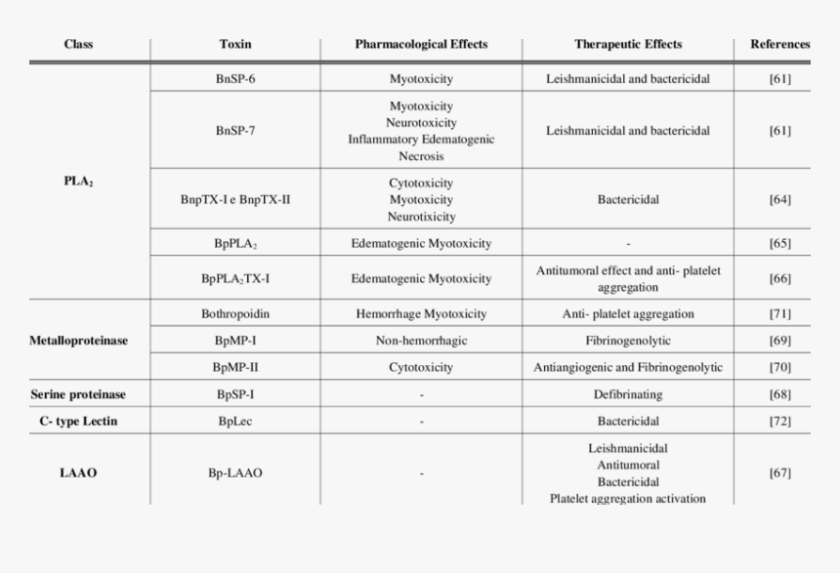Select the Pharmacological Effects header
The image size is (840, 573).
(x=421, y=45)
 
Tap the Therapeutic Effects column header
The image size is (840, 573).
(x=628, y=45)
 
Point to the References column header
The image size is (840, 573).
(x=779, y=45)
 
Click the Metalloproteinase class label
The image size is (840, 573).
(x=79, y=341)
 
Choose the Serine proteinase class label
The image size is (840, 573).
(x=78, y=394)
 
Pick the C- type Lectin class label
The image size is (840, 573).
(x=78, y=422)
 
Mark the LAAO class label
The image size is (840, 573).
(x=78, y=473)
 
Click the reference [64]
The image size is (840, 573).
(x=779, y=200)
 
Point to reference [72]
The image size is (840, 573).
(x=779, y=422)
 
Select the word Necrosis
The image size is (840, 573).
(x=421, y=156)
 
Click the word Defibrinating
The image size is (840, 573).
(x=628, y=394)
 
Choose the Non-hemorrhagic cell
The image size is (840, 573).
(x=421, y=341)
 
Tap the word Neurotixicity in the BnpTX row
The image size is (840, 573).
(x=421, y=217)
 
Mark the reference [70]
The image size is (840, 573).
(x=779, y=368)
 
